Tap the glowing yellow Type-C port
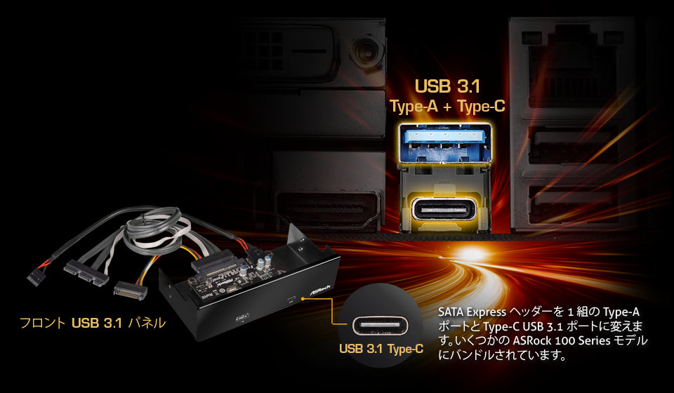[444, 210]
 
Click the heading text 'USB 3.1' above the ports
[447, 86]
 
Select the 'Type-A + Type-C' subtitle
[447, 107]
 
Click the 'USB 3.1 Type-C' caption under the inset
[381, 348]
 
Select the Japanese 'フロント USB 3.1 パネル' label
[93, 323]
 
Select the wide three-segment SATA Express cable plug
[86, 273]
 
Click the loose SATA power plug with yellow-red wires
[131, 291]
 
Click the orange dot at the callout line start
[303, 298]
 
